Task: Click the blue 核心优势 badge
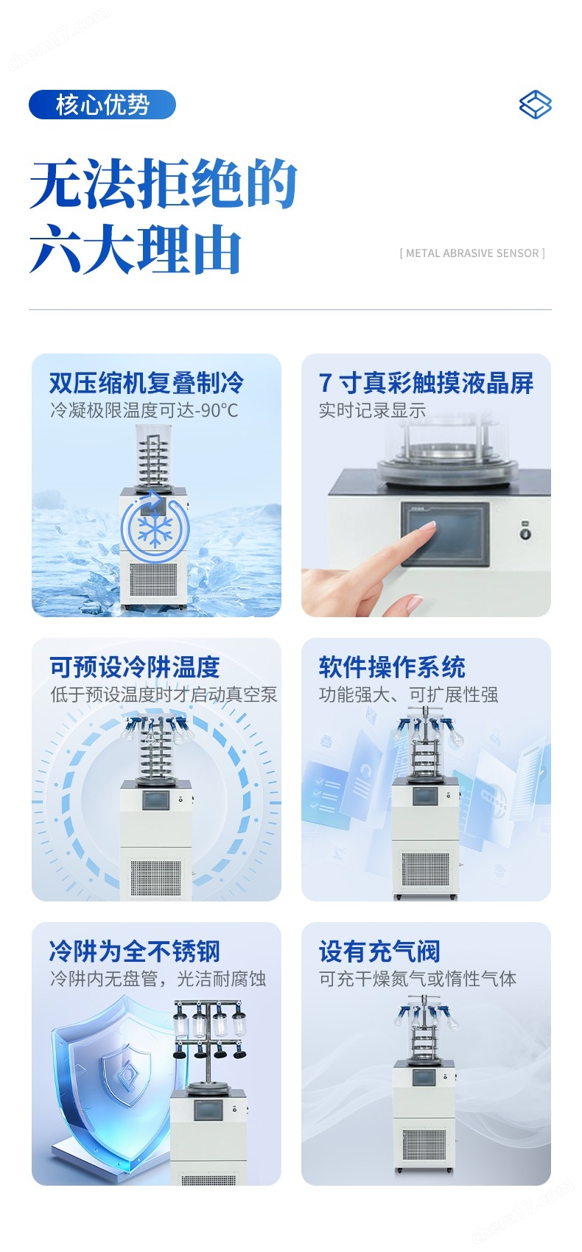[x=102, y=105]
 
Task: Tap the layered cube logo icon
[x=535, y=105]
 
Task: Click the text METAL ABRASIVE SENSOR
[x=472, y=253]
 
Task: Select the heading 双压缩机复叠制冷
[x=147, y=383]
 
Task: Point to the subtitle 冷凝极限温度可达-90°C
[x=144, y=411]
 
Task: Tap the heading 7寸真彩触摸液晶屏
[x=426, y=383]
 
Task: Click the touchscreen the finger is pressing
[x=445, y=535]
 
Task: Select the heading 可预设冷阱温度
[x=135, y=667]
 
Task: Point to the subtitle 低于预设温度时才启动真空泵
[x=164, y=694]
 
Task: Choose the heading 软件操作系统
[x=392, y=667]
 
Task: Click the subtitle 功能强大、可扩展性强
[x=409, y=694]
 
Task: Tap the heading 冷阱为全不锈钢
[x=135, y=952]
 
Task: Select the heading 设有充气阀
[x=379, y=952]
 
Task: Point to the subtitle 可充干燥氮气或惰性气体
[x=418, y=979]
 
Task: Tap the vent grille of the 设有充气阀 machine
[x=424, y=1144]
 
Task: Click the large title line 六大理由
[x=136, y=249]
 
